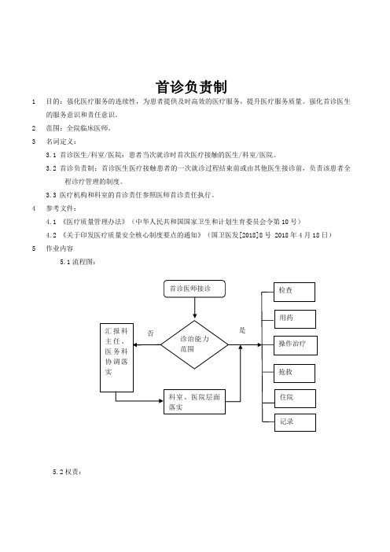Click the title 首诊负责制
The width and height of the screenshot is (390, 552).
pyautogui.click(x=192, y=87)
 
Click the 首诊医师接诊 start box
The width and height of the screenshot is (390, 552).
pyautogui.click(x=195, y=289)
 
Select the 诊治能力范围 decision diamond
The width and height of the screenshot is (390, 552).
pyautogui.click(x=195, y=344)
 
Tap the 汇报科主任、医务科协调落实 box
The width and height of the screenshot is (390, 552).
pyautogui.click(x=117, y=358)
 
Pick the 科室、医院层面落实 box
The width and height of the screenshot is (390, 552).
pyautogui.click(x=195, y=402)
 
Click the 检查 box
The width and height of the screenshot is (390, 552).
pyautogui.click(x=295, y=292)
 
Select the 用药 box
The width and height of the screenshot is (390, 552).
pyautogui.click(x=295, y=319)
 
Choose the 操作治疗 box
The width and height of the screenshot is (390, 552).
pyautogui.click(x=296, y=345)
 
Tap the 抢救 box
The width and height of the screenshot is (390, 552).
pyautogui.click(x=295, y=374)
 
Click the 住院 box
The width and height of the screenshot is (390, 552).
pyautogui.click(x=296, y=399)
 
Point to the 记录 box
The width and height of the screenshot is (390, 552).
pyautogui.click(x=296, y=422)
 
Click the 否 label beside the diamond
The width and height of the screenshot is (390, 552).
pyautogui.click(x=150, y=333)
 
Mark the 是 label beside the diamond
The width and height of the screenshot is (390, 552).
pyautogui.click(x=242, y=330)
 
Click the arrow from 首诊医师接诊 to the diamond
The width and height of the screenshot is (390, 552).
pyautogui.click(x=195, y=308)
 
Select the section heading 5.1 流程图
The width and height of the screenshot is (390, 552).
pyautogui.click(x=78, y=262)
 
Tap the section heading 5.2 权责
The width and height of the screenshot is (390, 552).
pyautogui.click(x=68, y=472)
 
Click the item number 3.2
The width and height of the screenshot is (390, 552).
pyautogui.click(x=51, y=168)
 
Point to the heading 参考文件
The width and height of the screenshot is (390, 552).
pyautogui.click(x=61, y=208)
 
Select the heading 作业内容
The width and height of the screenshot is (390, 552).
pyautogui.click(x=60, y=248)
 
